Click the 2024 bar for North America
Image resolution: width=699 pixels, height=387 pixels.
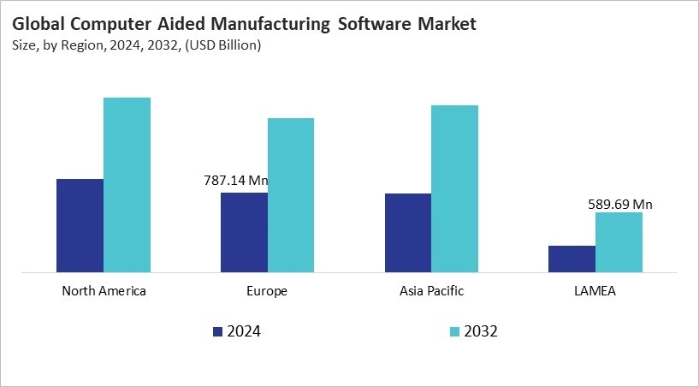click(80, 226)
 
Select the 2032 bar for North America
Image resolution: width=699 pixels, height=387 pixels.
click(127, 186)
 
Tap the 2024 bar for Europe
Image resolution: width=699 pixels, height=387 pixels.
click(244, 233)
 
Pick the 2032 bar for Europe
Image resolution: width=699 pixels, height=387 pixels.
click(291, 196)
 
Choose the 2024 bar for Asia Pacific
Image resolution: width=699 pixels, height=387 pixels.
click(408, 234)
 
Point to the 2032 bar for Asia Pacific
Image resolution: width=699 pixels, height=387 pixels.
click(454, 189)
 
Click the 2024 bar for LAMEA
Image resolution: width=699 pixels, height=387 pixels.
click(572, 259)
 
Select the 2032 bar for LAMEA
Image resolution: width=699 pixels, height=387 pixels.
click(619, 243)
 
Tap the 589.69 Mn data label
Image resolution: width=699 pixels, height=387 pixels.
click(620, 204)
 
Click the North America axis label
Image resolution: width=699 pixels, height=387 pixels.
click(104, 291)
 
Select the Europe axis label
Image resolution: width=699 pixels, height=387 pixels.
click(268, 291)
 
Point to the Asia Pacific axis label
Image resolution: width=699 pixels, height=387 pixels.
click(431, 291)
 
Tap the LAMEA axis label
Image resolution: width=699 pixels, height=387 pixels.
click(595, 291)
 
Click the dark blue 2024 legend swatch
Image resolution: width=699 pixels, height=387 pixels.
click(217, 331)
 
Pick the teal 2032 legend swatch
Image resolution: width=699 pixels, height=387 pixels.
click(453, 331)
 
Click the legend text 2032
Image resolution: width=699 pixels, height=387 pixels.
click(481, 331)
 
